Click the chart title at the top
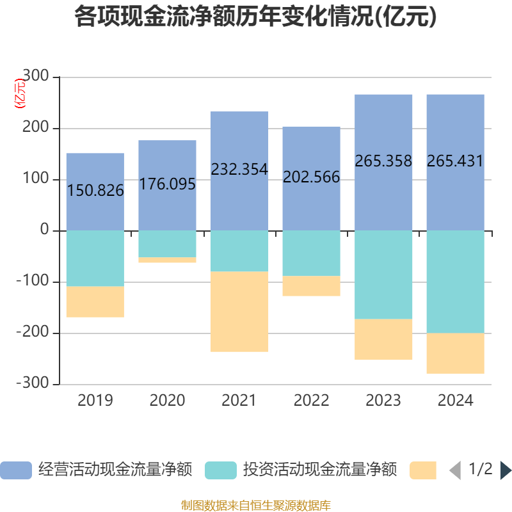[256, 17]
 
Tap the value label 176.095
[167, 184]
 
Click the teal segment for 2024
[455, 282]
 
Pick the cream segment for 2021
[239, 312]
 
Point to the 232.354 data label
[239, 170]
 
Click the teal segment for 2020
[167, 244]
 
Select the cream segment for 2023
[383, 340]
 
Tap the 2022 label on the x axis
[311, 401]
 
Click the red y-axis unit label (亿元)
[20, 93]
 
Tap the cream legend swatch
[423, 470]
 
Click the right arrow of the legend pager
[506, 470]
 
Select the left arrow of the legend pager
[455, 470]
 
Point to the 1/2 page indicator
[481, 470]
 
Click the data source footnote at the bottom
[256, 505]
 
